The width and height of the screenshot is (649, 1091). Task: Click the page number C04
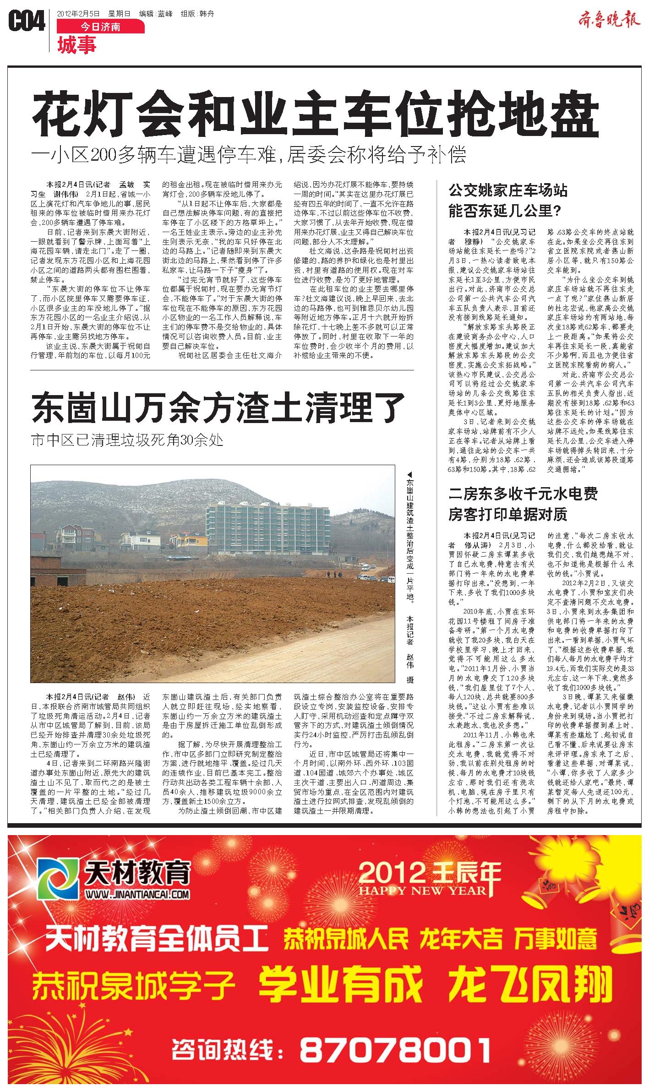pos(27,22)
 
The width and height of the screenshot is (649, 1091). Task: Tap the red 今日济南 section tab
pos(100,27)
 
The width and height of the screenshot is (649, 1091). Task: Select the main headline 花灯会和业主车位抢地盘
pos(316,113)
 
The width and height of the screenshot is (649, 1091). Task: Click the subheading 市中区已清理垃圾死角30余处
pos(127,440)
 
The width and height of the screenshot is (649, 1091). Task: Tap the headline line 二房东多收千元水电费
pos(523,494)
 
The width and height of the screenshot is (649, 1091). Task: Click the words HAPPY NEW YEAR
pos(422,890)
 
